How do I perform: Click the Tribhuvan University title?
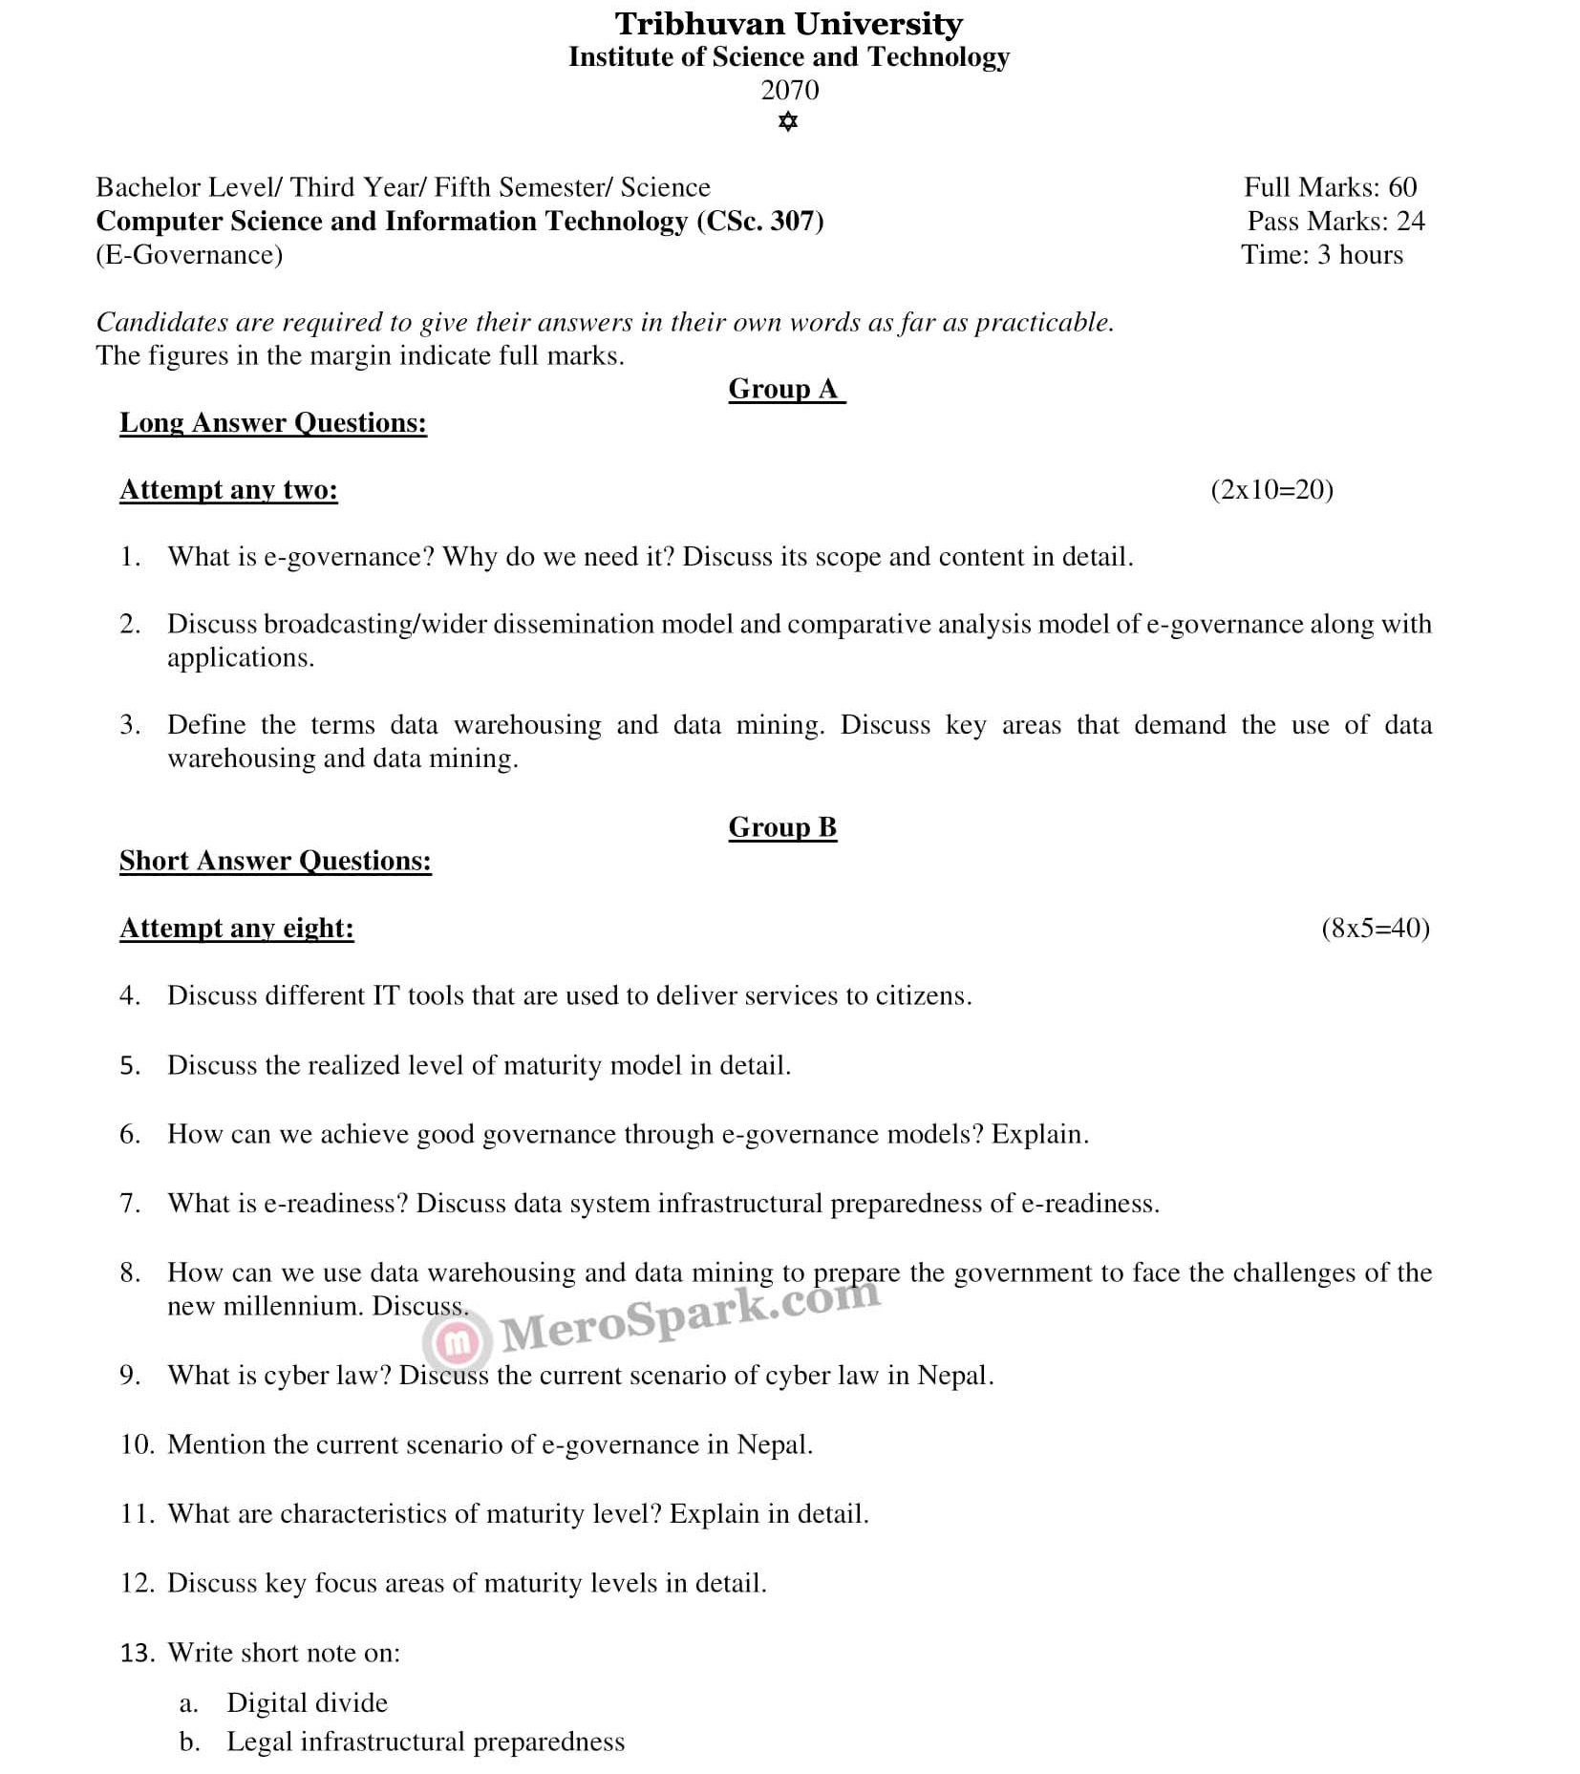pyautogui.click(x=788, y=24)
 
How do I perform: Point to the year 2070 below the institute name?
pyautogui.click(x=789, y=90)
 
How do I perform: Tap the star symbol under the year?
pyautogui.click(x=788, y=122)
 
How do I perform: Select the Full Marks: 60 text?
pyautogui.click(x=1330, y=187)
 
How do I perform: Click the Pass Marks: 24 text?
pyautogui.click(x=1334, y=222)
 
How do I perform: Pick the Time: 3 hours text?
pyautogui.click(x=1322, y=255)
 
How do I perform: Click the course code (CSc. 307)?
pyautogui.click(x=759, y=222)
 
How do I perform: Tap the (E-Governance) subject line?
pyautogui.click(x=189, y=255)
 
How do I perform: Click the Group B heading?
pyautogui.click(x=782, y=827)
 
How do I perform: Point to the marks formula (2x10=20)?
pyautogui.click(x=1271, y=490)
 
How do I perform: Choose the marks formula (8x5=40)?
pyautogui.click(x=1376, y=929)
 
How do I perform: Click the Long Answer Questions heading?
pyautogui.click(x=273, y=423)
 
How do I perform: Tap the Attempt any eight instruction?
pyautogui.click(x=237, y=929)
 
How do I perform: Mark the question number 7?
pyautogui.click(x=129, y=1204)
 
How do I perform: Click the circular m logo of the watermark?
pyautogui.click(x=459, y=1342)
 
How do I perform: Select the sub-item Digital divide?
pyautogui.click(x=307, y=1703)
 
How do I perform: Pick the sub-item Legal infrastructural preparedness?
pyautogui.click(x=425, y=1742)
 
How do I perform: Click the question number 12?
pyautogui.click(x=137, y=1584)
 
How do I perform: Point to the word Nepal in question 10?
pyautogui.click(x=773, y=1444)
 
